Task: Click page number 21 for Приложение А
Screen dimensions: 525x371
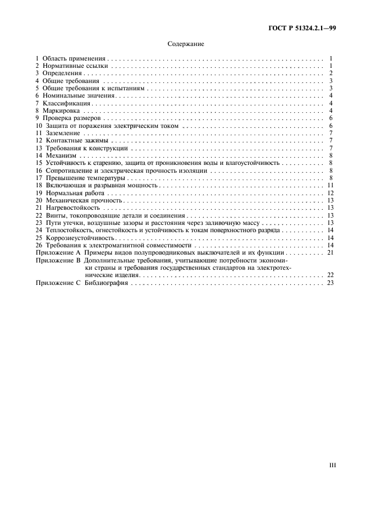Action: point(331,252)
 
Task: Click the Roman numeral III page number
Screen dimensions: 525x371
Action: point(332,464)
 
